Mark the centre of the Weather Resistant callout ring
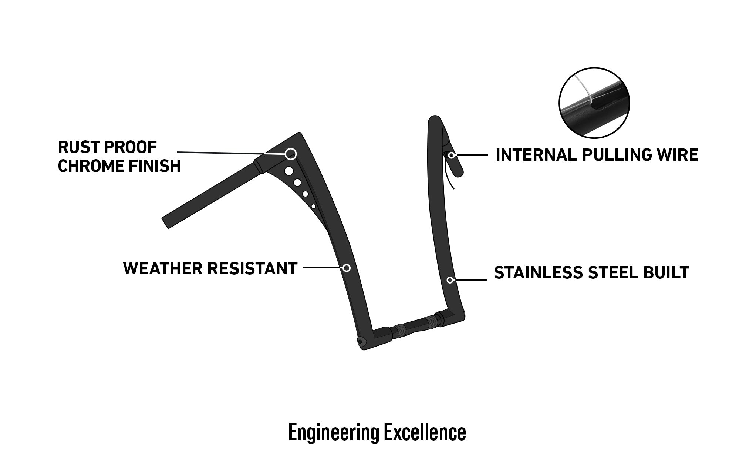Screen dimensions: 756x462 pyautogui.click(x=347, y=268)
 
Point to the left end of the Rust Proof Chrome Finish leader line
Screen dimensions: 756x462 pyautogui.click(x=178, y=152)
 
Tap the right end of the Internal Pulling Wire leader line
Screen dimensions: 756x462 pyautogui.click(x=488, y=155)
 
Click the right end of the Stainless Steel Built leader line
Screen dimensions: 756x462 pyautogui.click(x=486, y=280)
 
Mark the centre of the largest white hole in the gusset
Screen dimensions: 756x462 pyautogui.click(x=289, y=171)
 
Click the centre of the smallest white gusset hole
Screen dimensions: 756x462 pyautogui.click(x=313, y=206)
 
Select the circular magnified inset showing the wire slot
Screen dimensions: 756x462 pyautogui.click(x=594, y=103)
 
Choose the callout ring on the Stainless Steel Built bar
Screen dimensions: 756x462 pyautogui.click(x=450, y=280)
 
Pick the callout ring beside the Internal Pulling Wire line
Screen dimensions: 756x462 pyautogui.click(x=452, y=155)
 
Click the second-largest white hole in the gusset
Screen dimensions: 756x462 pyautogui.click(x=297, y=183)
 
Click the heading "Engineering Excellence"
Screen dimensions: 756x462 pyautogui.click(x=377, y=432)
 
